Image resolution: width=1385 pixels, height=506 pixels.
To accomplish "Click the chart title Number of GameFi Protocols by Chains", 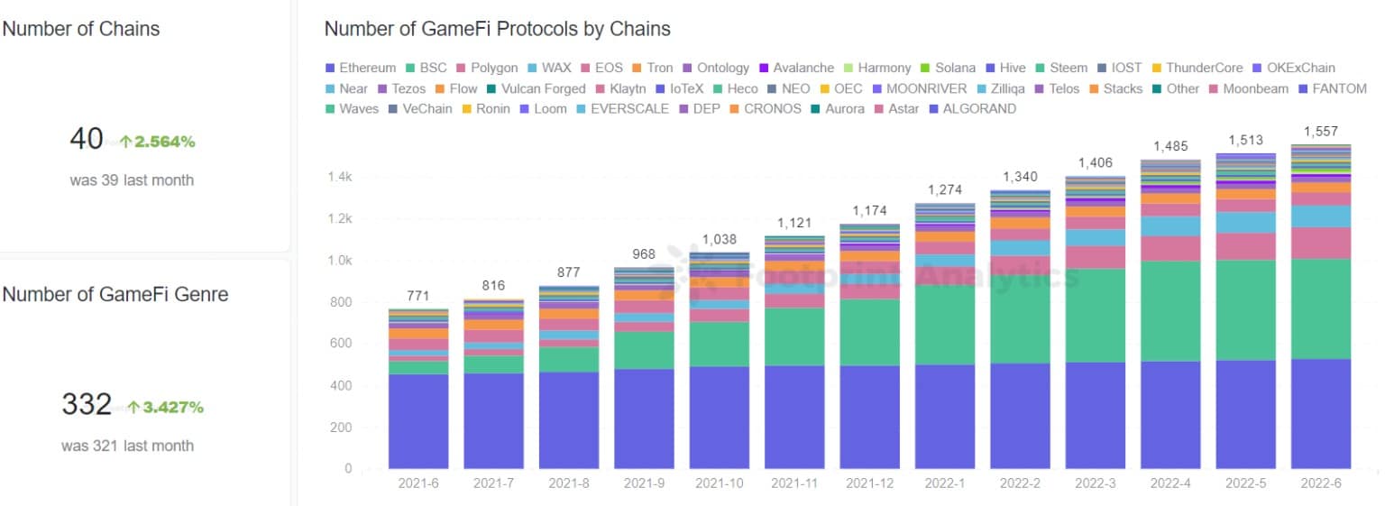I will pos(497,29).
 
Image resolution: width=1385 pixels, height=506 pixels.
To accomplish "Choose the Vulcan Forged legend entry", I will pos(537,88).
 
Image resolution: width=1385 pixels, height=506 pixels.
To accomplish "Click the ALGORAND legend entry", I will pos(978,109).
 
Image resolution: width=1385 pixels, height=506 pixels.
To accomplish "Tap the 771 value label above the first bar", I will pos(418,296).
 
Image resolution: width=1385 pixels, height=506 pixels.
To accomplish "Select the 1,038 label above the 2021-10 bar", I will pos(720,240).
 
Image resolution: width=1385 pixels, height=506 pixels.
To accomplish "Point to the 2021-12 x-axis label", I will pos(870,483).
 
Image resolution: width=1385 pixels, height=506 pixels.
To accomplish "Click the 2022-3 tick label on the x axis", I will pos(1096,483).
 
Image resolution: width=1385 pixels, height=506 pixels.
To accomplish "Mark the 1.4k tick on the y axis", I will pos(339,177).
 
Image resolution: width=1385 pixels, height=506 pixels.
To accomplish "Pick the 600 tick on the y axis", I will pos(341,344).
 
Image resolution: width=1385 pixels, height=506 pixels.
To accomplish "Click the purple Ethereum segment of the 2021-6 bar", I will pos(418,420).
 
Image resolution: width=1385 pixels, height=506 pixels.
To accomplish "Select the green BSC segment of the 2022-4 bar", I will pos(1171,311).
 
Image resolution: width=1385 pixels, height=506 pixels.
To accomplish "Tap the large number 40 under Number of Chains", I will pos(86,139).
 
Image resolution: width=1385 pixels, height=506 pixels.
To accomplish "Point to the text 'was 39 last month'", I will pos(132,180).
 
